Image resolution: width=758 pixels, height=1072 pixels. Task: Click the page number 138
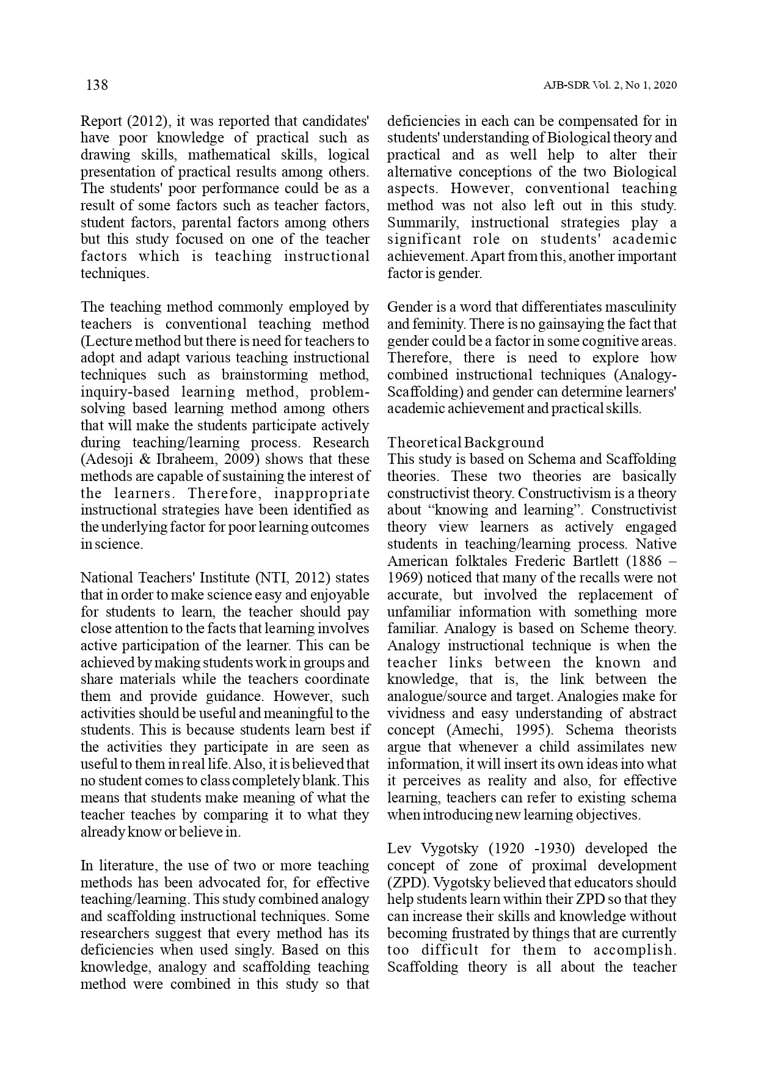coord(97,85)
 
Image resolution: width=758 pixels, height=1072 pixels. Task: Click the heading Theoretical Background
coord(465,442)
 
